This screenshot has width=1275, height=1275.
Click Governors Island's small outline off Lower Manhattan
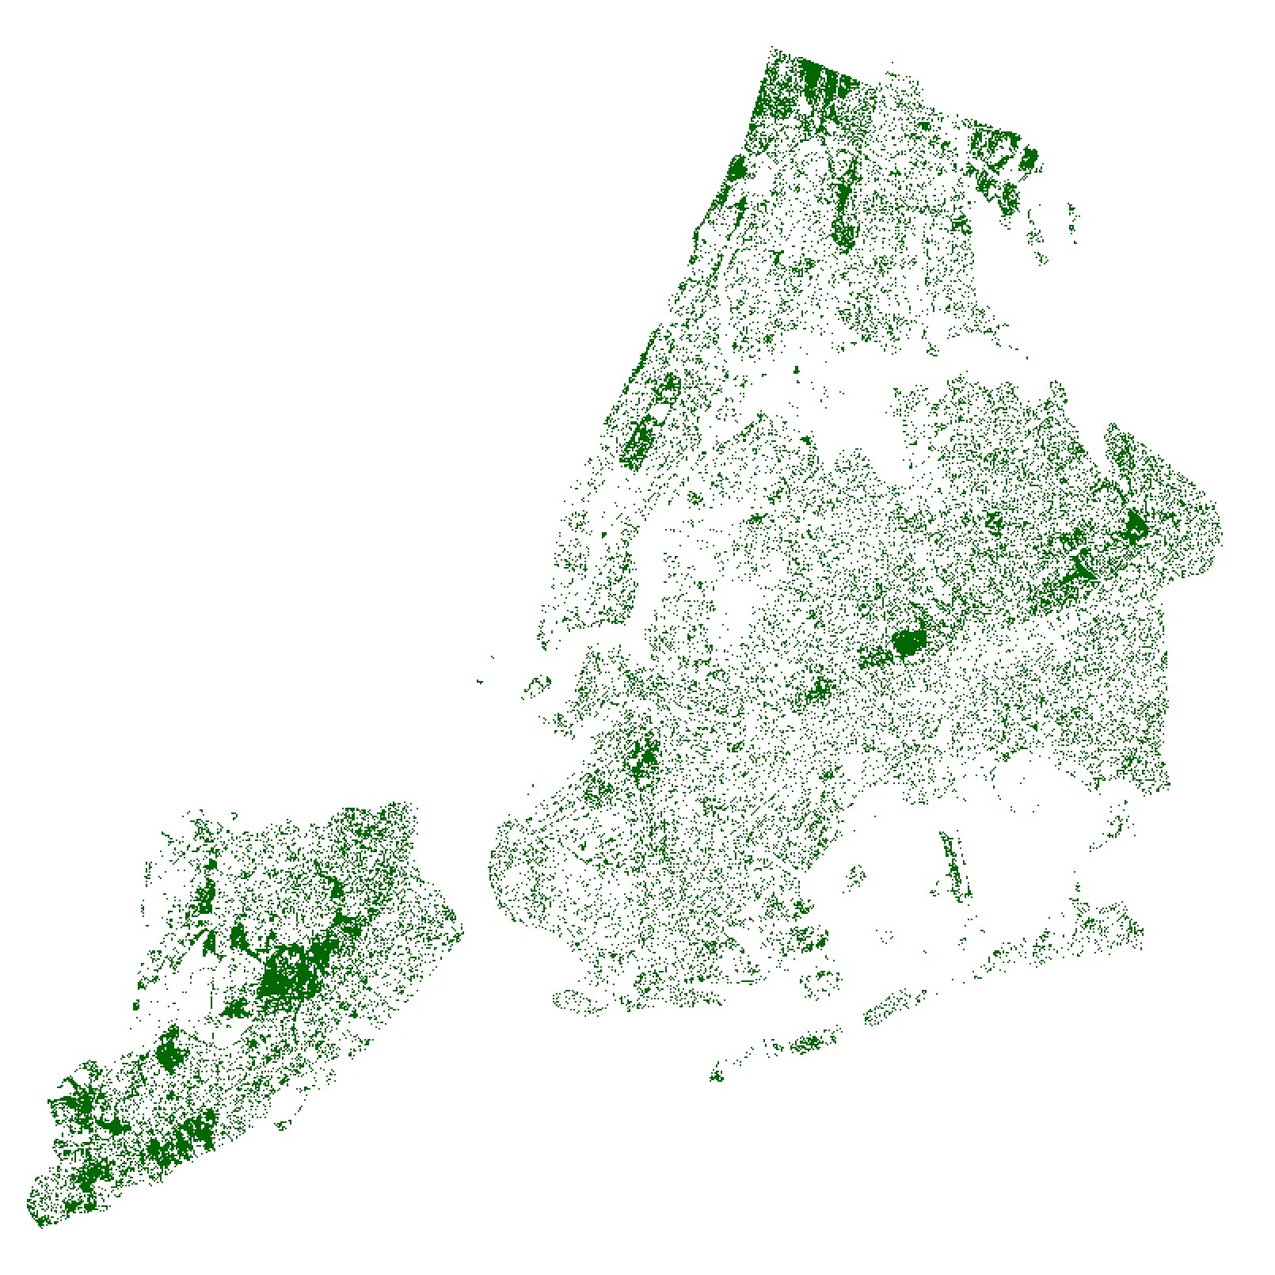click(x=539, y=684)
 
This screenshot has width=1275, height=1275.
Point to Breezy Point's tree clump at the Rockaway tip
click(x=717, y=1075)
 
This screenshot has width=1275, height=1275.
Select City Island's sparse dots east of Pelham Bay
click(x=1072, y=218)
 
